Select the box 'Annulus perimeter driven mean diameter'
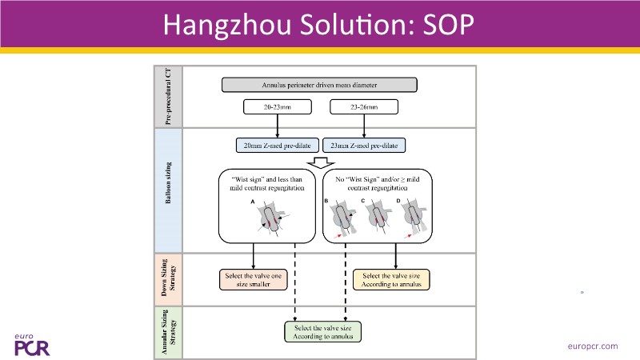tap(320, 85)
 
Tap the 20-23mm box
tap(277, 106)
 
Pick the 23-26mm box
tap(365, 106)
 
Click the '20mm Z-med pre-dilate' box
tap(277, 146)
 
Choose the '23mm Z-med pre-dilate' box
tap(365, 146)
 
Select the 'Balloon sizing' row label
tap(169, 189)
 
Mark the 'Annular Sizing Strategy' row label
tap(169, 330)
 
